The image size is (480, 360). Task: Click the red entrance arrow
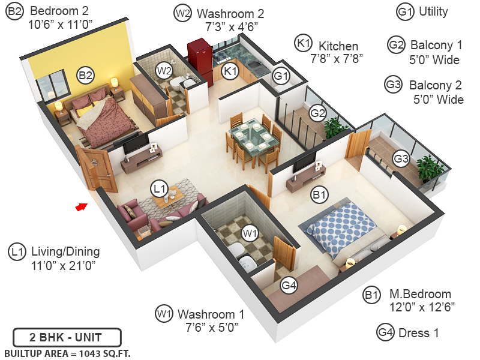point(80,207)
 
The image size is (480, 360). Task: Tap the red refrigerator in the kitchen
point(199,60)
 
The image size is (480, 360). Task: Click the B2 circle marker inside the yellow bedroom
point(85,76)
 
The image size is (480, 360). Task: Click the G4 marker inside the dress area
point(289,286)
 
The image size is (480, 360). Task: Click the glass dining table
point(252,138)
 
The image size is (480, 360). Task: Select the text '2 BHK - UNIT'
point(67,337)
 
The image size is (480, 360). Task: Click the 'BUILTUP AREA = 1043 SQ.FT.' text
point(67,353)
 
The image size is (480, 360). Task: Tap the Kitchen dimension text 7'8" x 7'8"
point(337,58)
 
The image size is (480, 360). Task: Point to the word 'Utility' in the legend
point(433,11)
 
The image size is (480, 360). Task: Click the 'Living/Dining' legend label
point(65,251)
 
